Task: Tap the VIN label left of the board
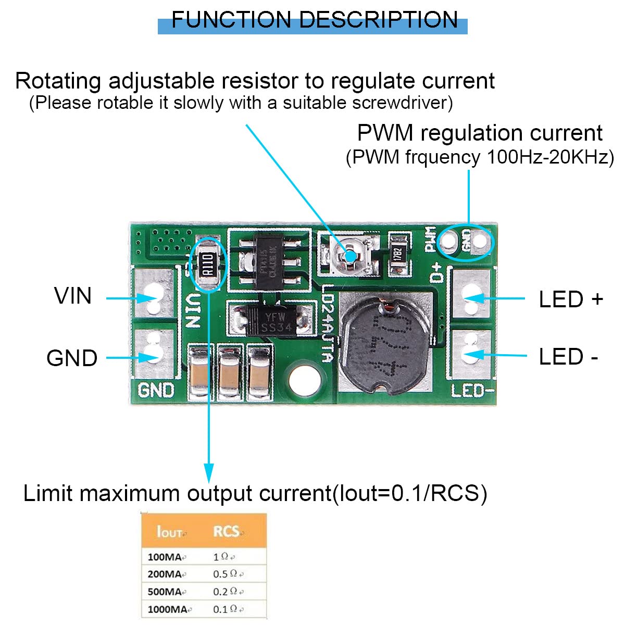(73, 296)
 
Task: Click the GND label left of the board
(72, 358)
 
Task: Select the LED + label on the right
(571, 299)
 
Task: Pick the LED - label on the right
(568, 357)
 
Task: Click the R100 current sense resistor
(208, 264)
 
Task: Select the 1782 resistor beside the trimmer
(398, 254)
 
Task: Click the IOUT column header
(170, 532)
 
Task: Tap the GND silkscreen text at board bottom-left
(156, 390)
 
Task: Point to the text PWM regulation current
(480, 133)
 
